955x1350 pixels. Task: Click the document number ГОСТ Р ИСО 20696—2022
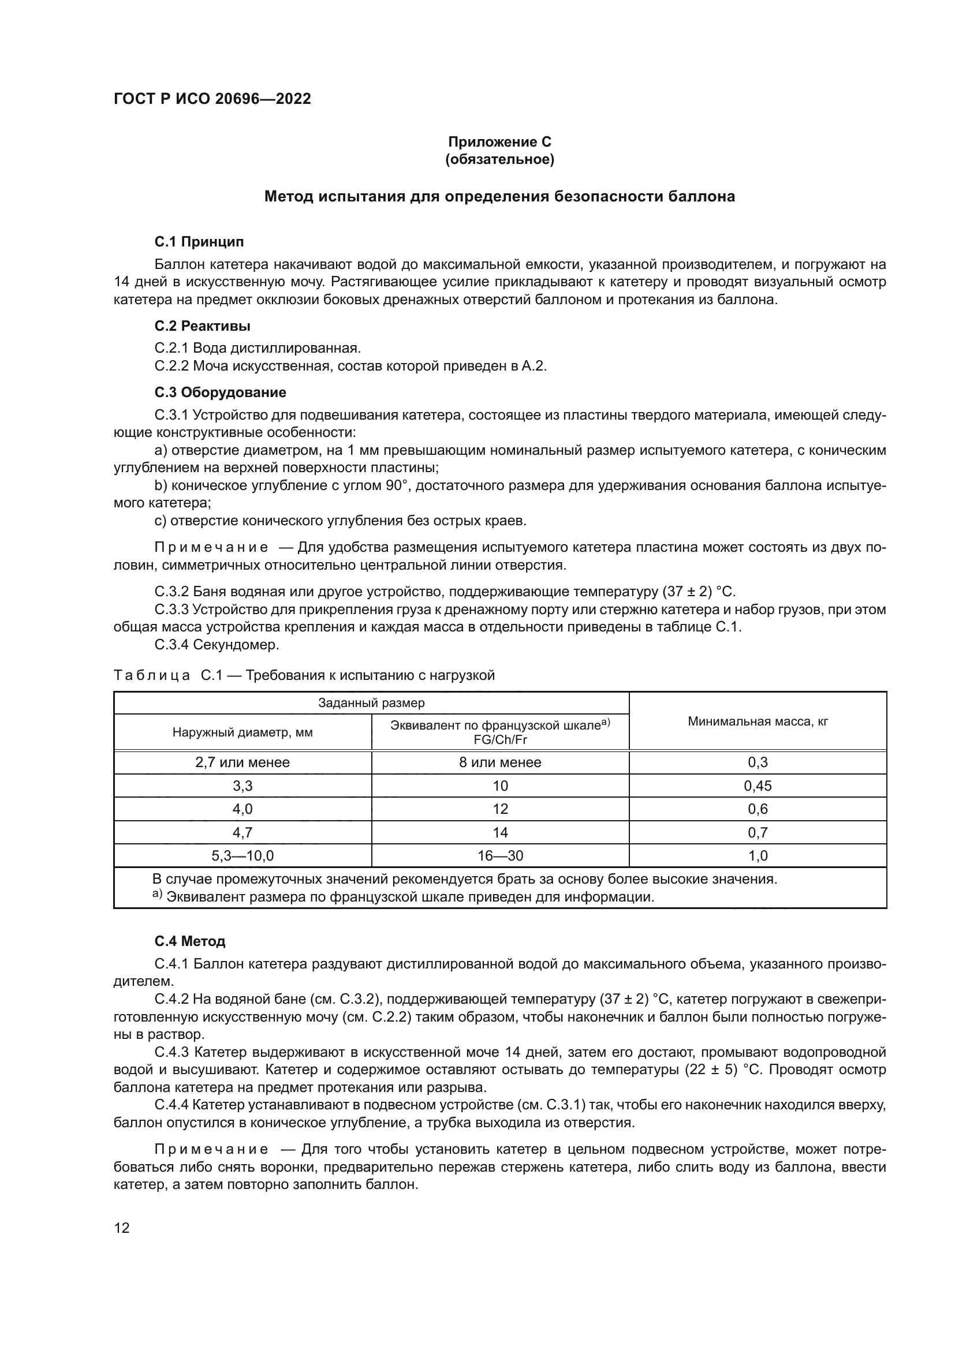coord(212,99)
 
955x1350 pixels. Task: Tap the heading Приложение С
coord(499,142)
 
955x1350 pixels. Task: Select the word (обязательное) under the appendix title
coord(499,159)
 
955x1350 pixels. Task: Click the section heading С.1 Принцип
coord(199,242)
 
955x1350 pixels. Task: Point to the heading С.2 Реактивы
coord(202,326)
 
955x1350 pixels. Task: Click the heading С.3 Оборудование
coord(220,392)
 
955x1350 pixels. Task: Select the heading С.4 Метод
coord(189,941)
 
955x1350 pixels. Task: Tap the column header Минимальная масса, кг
coord(758,721)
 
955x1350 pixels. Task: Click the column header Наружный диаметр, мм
coord(243,732)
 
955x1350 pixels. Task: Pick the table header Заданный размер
coord(371,703)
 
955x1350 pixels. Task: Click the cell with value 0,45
coord(758,786)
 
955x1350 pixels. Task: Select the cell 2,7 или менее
coord(243,762)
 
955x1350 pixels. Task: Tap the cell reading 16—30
coord(500,856)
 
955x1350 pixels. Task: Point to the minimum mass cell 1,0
coord(758,856)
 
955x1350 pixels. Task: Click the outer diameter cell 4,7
coord(243,833)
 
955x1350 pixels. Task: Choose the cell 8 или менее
coord(500,762)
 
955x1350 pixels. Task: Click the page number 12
coord(122,1228)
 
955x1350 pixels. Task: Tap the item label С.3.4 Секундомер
coord(217,645)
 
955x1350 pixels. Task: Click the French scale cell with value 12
coord(500,809)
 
